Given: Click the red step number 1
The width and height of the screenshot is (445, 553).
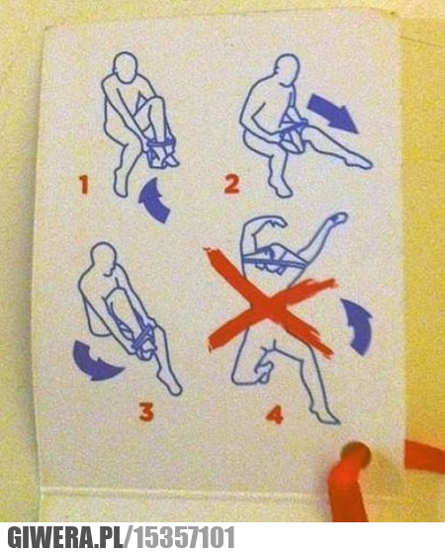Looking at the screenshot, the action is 84,185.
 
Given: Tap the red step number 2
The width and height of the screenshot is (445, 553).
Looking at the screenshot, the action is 232,184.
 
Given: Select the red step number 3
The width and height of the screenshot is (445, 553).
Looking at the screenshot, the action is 146,413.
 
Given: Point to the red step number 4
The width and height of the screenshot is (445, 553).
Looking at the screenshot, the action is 275,415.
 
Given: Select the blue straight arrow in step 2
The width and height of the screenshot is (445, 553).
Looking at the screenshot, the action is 332,114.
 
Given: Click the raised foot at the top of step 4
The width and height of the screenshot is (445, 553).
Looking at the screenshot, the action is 338,218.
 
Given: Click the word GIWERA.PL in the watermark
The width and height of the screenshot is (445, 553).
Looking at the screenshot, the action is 66,537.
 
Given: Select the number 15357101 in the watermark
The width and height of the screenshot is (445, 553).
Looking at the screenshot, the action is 185,537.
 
